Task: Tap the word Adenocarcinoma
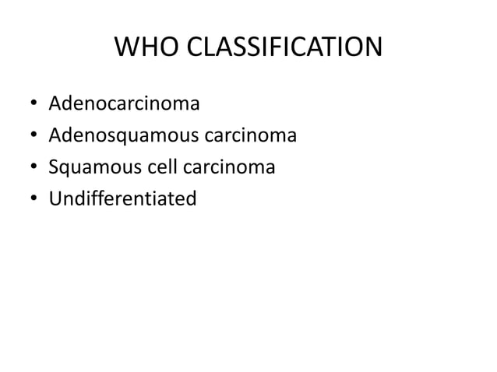(124, 104)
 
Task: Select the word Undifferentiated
(122, 199)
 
